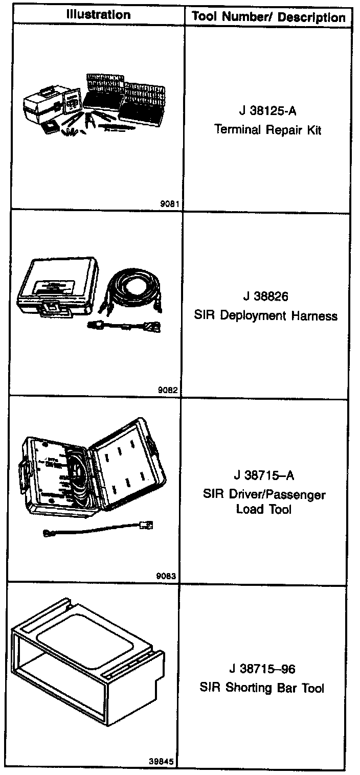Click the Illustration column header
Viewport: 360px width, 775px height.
click(98, 15)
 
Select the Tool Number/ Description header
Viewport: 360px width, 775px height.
click(268, 17)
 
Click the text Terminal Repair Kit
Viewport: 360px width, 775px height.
click(268, 129)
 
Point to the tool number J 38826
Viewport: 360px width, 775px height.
click(266, 297)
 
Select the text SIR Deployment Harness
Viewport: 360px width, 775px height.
click(266, 315)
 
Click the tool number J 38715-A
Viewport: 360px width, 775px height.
click(264, 476)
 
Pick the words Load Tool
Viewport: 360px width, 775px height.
click(264, 509)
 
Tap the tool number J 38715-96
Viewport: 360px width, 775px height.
click(263, 669)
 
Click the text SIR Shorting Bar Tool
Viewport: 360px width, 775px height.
click(262, 688)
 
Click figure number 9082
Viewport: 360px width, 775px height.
click(168, 390)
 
